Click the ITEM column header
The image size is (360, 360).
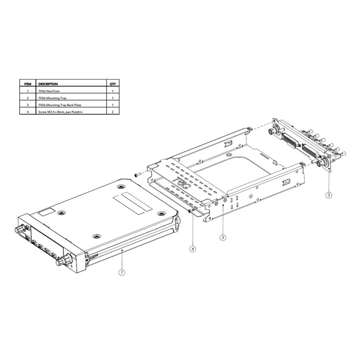coord(28,84)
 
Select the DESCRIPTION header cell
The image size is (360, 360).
coord(48,84)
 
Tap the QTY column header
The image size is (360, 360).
coord(113,84)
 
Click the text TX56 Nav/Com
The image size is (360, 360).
coord(49,91)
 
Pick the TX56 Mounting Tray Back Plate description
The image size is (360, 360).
coord(60,105)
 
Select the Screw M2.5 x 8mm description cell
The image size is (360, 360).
coord(60,112)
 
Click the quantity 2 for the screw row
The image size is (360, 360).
coord(113,112)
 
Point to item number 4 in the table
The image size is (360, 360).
coord(28,112)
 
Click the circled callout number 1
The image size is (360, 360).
coord(122,272)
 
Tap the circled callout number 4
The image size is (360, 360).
coord(193,249)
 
